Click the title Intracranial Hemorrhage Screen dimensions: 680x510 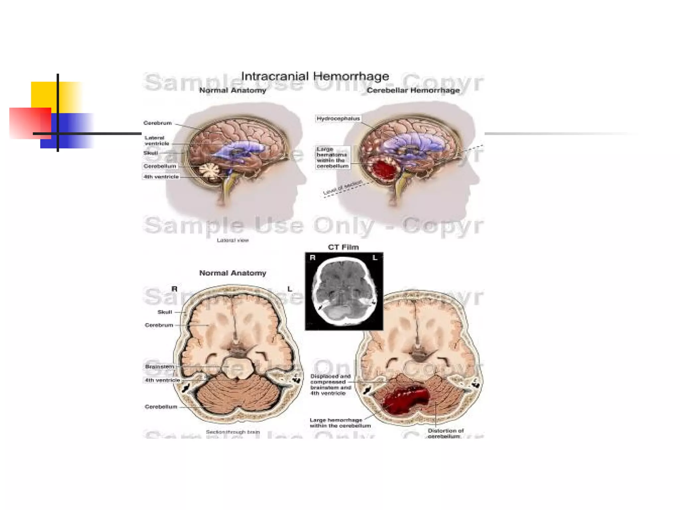(315, 76)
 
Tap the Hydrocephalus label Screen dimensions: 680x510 (338, 119)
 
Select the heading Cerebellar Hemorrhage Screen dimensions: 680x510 (413, 90)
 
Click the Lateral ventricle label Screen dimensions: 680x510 (156, 140)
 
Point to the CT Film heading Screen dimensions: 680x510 (343, 247)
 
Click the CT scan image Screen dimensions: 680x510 (344, 291)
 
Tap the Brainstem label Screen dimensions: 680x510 (159, 367)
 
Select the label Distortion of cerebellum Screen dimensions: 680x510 (445, 433)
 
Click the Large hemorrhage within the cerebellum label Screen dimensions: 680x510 (340, 423)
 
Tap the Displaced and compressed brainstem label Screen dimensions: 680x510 (330, 384)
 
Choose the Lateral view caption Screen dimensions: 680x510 (232, 240)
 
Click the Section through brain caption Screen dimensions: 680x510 (232, 432)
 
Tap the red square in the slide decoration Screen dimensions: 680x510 (30, 123)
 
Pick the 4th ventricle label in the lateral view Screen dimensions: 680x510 (161, 177)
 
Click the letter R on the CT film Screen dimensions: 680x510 (312, 258)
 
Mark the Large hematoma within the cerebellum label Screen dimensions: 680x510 (332, 157)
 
